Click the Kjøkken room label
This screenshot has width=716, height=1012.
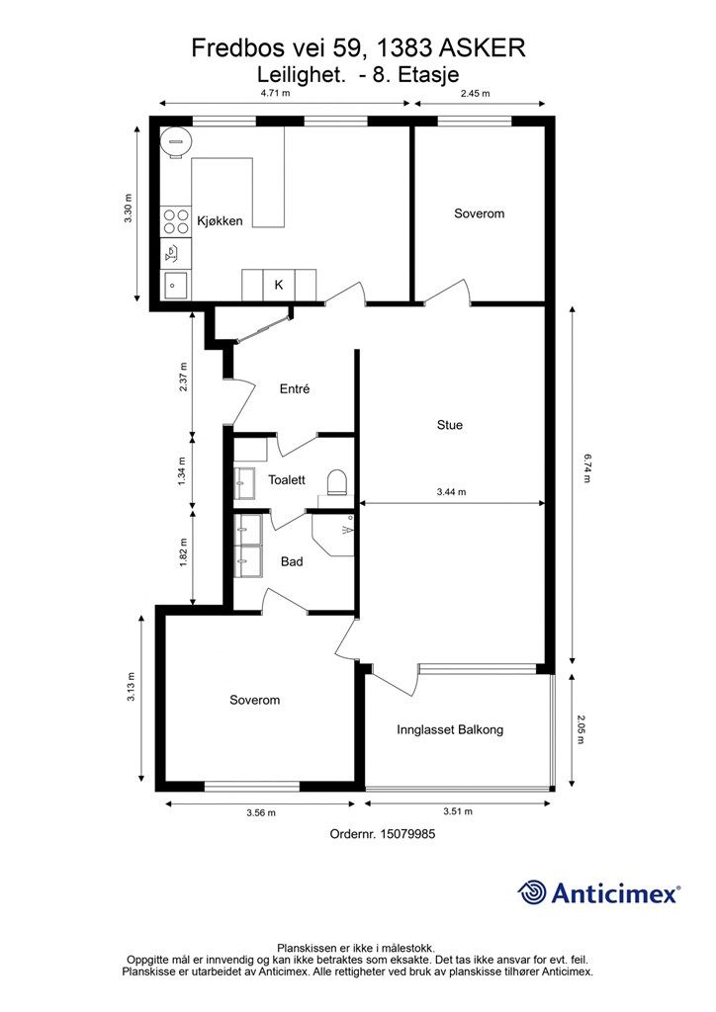220,220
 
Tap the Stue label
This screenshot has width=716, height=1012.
449,425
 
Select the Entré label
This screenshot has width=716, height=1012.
295,388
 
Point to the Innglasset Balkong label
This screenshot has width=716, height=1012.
450,730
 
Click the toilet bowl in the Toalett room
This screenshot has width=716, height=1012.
336,482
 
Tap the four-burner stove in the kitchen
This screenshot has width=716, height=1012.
176,221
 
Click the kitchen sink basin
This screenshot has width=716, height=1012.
176,285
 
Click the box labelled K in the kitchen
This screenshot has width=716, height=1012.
279,285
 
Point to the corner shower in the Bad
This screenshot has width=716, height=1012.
333,535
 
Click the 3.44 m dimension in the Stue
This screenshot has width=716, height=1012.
451,492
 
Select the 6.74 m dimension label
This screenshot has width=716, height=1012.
587,468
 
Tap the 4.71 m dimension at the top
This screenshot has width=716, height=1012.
275,93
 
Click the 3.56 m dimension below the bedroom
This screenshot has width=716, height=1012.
261,812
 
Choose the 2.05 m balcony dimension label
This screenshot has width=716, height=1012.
581,728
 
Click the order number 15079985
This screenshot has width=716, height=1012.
382,834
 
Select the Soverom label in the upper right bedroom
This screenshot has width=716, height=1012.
479,213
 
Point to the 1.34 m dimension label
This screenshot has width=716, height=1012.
182,471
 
